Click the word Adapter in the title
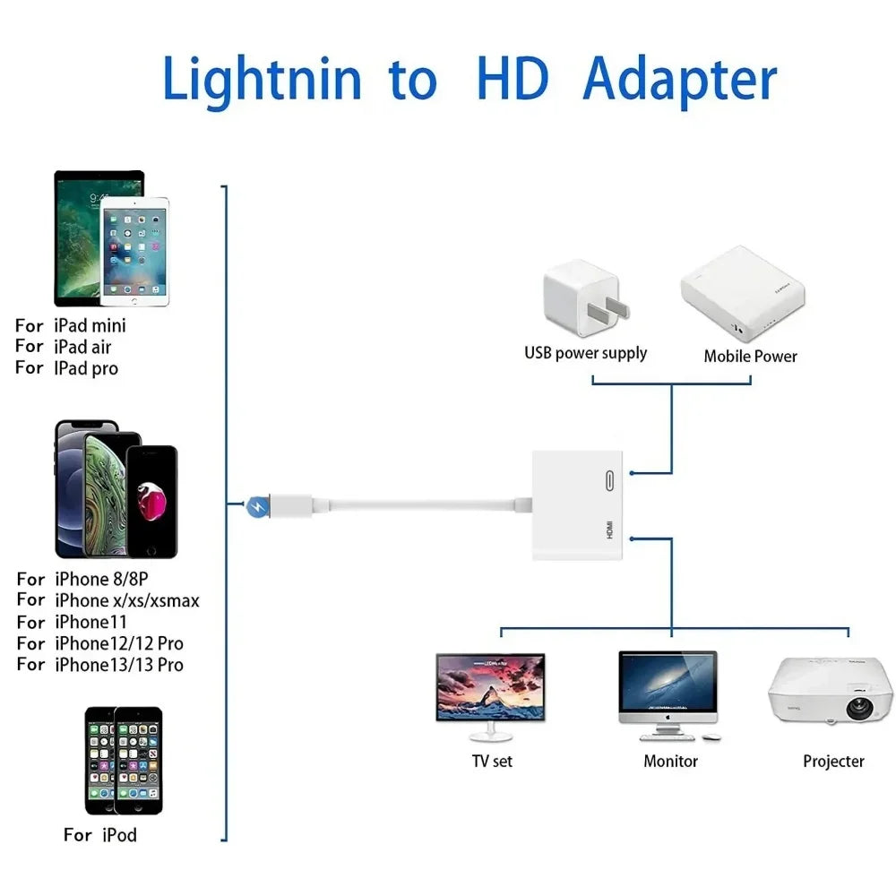pos(679,81)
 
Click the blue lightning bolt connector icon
pos(256,507)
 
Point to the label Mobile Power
pos(750,357)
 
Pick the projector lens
pos(859,708)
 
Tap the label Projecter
pos(833,762)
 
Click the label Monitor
pos(670,762)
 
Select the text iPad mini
pos(90,325)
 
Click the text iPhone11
pos(90,622)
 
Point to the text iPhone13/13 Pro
pos(119,665)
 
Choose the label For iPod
pos(99,835)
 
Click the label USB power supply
pos(585,353)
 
